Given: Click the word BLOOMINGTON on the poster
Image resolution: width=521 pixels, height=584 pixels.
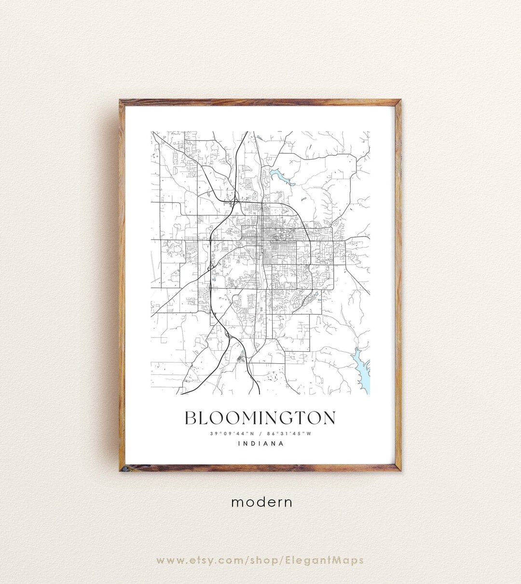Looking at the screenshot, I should click(260, 418).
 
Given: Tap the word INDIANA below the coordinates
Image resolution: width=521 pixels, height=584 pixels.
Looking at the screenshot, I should click(260, 444).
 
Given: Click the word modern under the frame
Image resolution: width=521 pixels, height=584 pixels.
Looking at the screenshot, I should click(262, 502).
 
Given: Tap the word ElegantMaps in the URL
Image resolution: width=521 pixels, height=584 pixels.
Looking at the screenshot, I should click(331, 560).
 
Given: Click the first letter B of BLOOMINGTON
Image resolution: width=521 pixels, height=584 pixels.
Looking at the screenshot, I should click(191, 418).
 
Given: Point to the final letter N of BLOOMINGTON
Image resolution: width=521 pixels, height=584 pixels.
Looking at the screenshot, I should click(329, 418).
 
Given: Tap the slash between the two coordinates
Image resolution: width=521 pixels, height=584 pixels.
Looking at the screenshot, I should click(260, 434).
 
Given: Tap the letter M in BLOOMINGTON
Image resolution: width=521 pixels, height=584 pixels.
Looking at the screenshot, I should click(239, 418).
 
